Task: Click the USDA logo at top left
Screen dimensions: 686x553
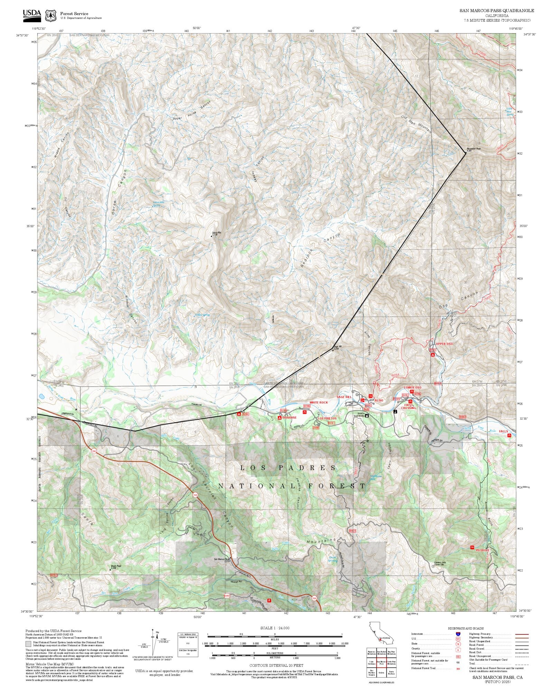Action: [x=32, y=14]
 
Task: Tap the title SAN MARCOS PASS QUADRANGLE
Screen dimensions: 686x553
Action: [x=496, y=11]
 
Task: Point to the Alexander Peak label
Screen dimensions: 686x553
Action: [x=474, y=149]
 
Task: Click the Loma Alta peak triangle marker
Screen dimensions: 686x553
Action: [x=212, y=237]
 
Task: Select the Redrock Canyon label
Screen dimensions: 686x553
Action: [x=320, y=250]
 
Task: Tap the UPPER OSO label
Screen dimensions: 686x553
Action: [x=444, y=344]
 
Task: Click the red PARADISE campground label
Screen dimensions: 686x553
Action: [x=289, y=418]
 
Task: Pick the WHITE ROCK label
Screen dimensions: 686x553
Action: [x=318, y=402]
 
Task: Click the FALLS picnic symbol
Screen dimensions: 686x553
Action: [x=509, y=436]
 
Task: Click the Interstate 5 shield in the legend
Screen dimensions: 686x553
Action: [x=458, y=634]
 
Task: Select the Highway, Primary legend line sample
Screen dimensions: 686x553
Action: [x=522, y=635]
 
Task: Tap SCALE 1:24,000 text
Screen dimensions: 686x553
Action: [x=275, y=628]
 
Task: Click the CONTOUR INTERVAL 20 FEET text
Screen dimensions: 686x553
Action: [x=276, y=665]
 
